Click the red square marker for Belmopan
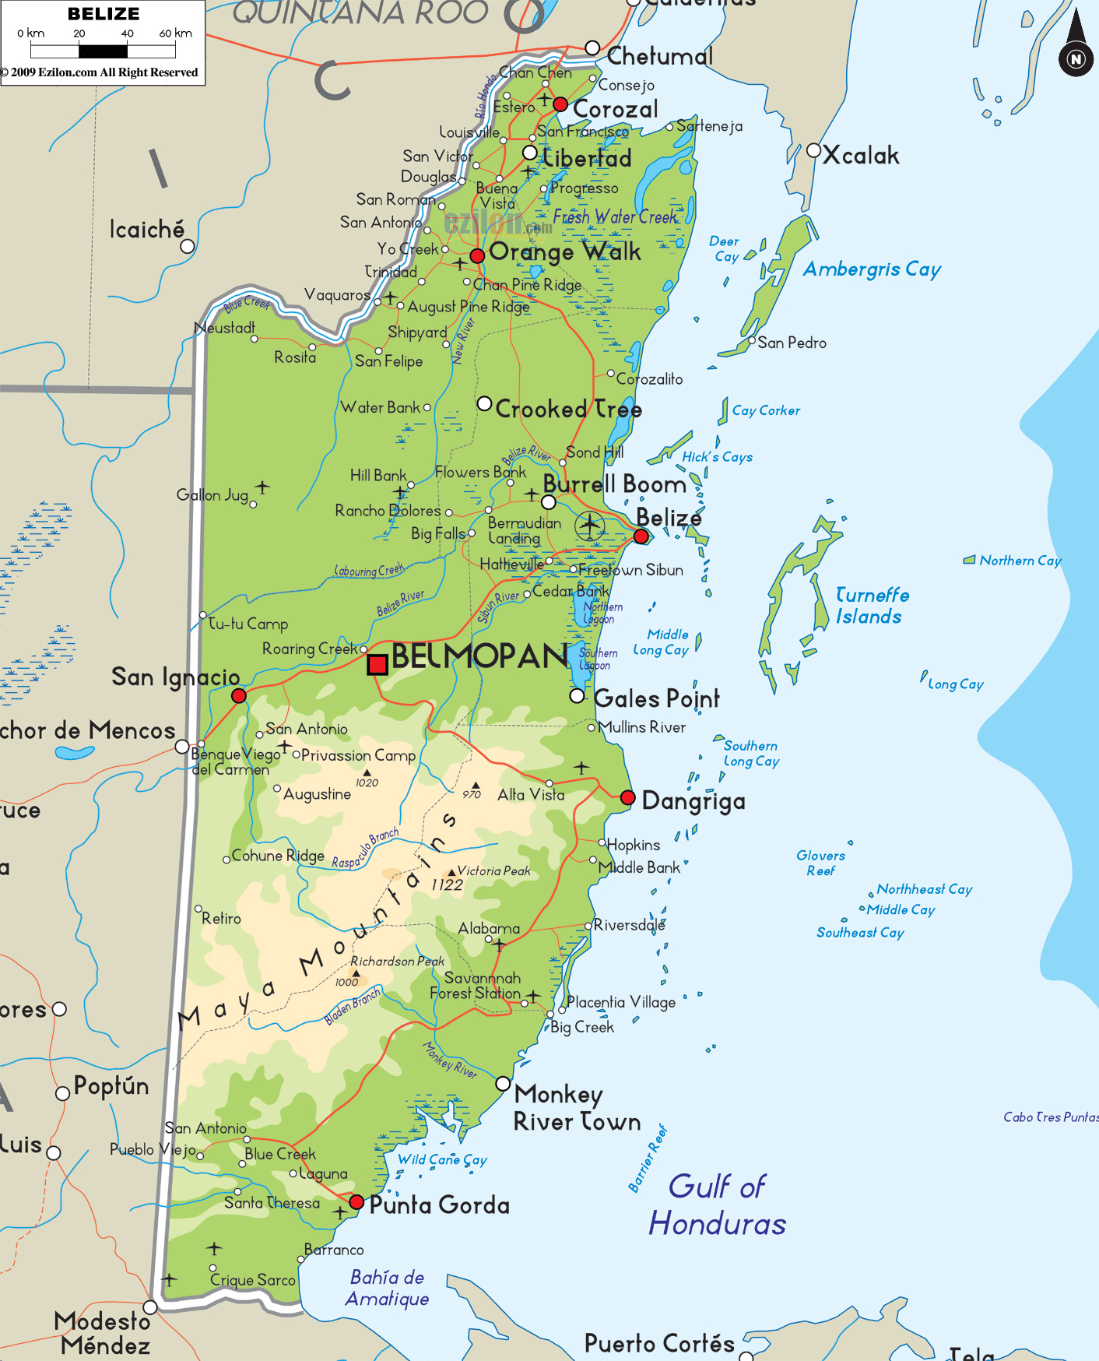[377, 664]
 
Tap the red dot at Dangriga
[628, 797]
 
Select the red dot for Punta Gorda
[356, 1201]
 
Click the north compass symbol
[1076, 58]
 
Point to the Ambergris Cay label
[872, 269]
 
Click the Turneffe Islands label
[872, 606]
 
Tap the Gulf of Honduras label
[718, 1205]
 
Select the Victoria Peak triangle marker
[451, 872]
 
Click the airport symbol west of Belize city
[590, 526]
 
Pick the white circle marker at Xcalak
[813, 150]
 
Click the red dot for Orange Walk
[477, 255]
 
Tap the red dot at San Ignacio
[239, 695]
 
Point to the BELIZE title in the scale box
[104, 14]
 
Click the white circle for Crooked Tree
[484, 403]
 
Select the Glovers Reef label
[820, 863]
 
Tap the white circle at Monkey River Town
[503, 1083]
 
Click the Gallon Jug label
[212, 494]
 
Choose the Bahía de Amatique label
[387, 1288]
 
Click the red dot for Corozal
[560, 104]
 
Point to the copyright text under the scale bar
[100, 72]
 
